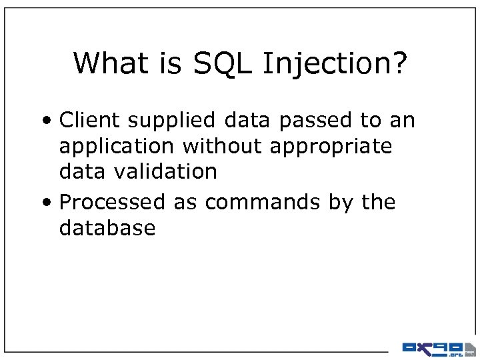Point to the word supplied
(x=171, y=121)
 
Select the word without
(x=225, y=146)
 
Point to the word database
(x=107, y=228)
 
